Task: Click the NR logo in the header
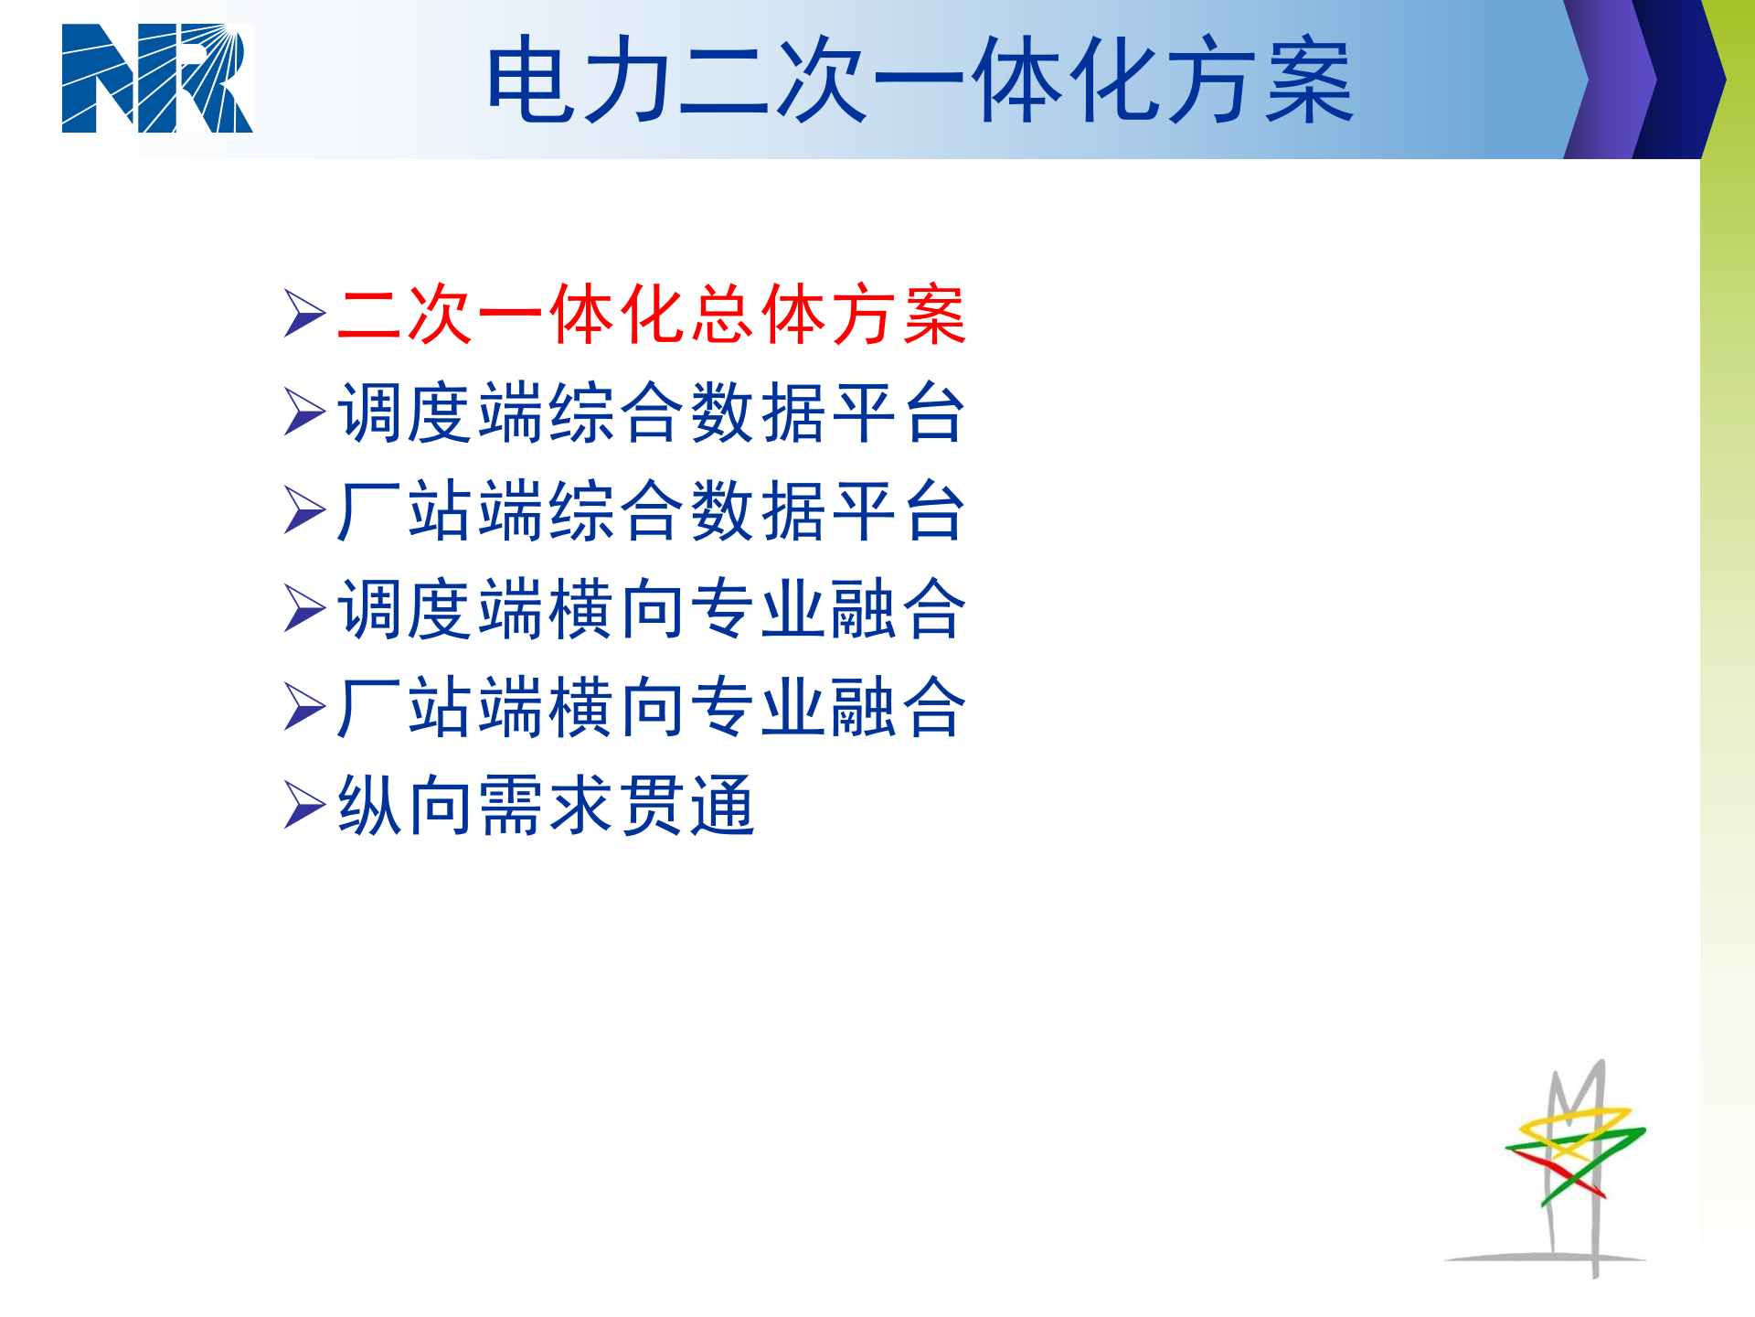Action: point(157,79)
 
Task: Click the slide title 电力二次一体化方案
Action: point(919,80)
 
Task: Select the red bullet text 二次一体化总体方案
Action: point(651,315)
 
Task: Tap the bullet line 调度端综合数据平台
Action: point(651,413)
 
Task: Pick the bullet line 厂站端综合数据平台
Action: point(651,511)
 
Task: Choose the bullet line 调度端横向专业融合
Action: point(651,609)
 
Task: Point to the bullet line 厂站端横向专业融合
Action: point(651,707)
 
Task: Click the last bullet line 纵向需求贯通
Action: point(546,806)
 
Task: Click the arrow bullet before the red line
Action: point(304,314)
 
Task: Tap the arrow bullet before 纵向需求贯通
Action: point(304,805)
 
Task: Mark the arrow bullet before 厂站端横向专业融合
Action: point(304,707)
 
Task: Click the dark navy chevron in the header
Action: point(1680,80)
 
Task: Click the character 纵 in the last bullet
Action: point(369,806)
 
